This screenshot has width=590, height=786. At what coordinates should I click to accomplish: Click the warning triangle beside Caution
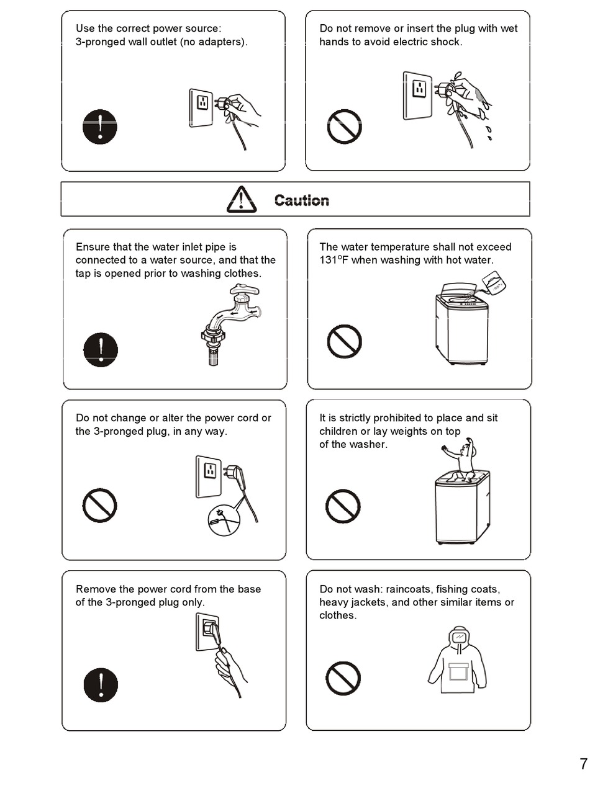(242, 199)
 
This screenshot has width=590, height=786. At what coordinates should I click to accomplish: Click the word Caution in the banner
(301, 200)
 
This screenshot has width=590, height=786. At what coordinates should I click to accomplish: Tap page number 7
(584, 764)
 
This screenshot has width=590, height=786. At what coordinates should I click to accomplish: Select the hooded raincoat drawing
(457, 659)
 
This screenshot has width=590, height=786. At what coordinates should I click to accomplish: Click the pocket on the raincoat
(458, 671)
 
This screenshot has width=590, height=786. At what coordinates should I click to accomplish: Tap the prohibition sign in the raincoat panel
(343, 678)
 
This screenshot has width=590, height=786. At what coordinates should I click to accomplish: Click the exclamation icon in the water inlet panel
(101, 349)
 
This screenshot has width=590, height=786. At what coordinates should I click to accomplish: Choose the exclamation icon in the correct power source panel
(100, 127)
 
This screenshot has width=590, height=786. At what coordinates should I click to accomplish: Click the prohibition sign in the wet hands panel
(344, 127)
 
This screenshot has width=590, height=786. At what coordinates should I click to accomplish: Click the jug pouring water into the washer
(494, 282)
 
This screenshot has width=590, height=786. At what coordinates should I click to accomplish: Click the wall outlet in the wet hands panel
(417, 96)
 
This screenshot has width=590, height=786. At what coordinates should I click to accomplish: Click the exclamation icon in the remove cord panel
(101, 685)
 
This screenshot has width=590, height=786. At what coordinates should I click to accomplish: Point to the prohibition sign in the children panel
(343, 506)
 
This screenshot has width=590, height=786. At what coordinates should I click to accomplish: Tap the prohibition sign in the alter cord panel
(99, 505)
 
